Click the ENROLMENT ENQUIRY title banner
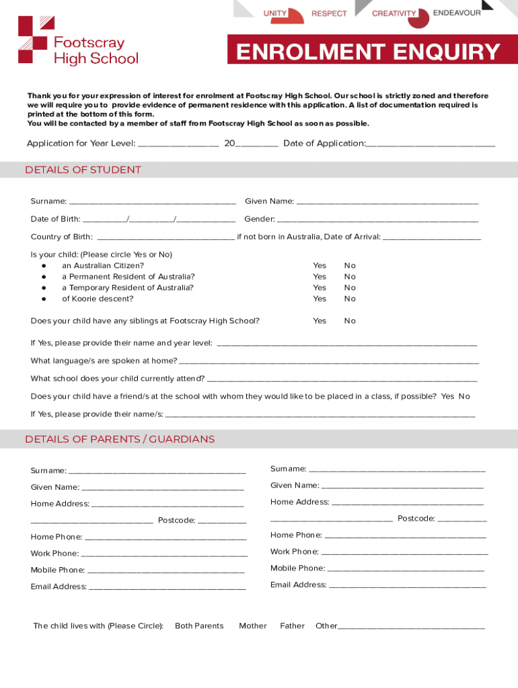[367, 52]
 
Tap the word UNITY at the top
[275, 13]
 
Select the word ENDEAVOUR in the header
[457, 13]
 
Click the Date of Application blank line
[431, 144]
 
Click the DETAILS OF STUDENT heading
[83, 170]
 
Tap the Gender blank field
[377, 220]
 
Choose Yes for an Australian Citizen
[320, 265]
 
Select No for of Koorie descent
[350, 299]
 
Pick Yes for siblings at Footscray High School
[320, 321]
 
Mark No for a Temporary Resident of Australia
[350, 288]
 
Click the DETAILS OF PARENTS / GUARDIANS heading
[120, 439]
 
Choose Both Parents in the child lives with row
[199, 626]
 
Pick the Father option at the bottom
[292, 626]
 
